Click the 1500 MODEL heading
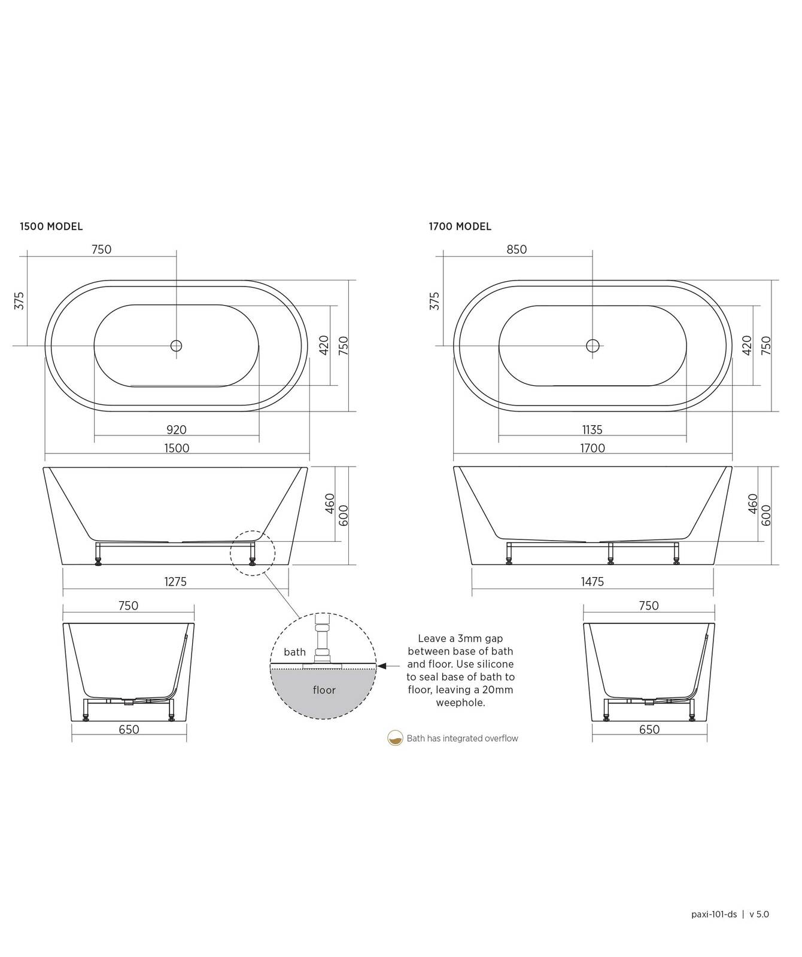pos(51,227)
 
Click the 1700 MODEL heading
pos(460,227)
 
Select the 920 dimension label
pos(177,429)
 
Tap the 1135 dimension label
pos(592,429)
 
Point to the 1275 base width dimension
pos(175,581)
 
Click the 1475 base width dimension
pos(592,581)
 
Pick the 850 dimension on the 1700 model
pos(517,249)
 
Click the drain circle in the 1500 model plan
pos(176,346)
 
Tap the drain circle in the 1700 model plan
pos(593,346)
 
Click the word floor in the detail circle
pos(324,690)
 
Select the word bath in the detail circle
pos(294,652)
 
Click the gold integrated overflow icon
pos(395,738)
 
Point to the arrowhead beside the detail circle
pos(382,665)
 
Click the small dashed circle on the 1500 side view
pos(253,553)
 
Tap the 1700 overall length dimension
pos(592,448)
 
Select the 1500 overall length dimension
pos(177,448)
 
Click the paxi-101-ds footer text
pos(714,914)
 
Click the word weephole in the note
pos(460,703)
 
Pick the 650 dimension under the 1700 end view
pos(649,730)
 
